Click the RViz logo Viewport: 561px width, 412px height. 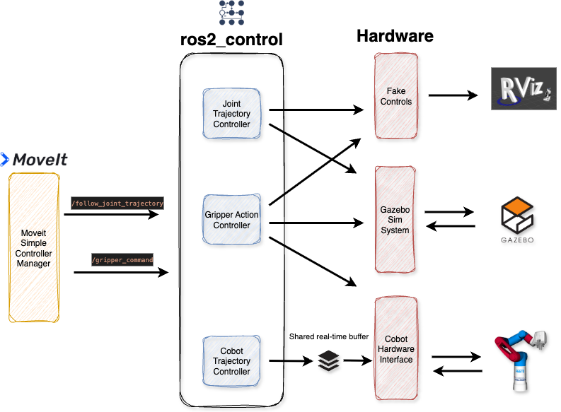[524, 88]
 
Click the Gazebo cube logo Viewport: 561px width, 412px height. [516, 215]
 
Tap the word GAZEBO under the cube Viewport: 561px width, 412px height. [516, 240]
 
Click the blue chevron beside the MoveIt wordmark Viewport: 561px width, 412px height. [4, 160]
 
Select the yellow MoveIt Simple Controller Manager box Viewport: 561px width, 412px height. [34, 247]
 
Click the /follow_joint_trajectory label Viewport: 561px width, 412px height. [117, 204]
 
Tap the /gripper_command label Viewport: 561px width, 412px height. [122, 260]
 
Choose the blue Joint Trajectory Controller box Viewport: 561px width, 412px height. [231, 114]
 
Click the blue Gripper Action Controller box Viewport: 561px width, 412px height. [231, 219]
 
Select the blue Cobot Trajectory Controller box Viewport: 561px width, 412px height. [231, 360]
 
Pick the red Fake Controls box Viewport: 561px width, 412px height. [395, 95]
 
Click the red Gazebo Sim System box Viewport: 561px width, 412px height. [395, 219]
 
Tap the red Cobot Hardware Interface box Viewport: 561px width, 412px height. [395, 348]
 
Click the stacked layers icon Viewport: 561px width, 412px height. [328, 360]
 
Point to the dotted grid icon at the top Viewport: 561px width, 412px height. [231, 13]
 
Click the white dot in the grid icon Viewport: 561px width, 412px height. [222, 13]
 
